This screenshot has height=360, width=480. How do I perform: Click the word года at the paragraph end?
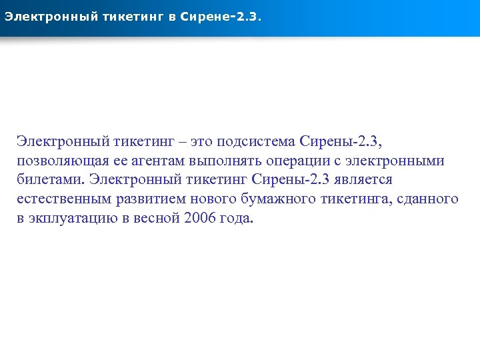(236, 219)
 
